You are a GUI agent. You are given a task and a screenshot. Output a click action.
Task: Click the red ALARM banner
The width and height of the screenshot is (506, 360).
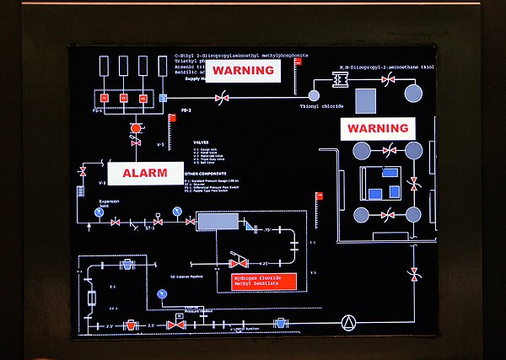point(145,173)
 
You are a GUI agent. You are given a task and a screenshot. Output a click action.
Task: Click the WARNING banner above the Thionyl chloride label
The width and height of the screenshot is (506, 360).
point(243,71)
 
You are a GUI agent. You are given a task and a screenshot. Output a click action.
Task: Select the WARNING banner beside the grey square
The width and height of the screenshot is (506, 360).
point(378,129)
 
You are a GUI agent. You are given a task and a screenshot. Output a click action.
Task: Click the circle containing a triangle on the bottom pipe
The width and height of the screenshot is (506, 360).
point(347,321)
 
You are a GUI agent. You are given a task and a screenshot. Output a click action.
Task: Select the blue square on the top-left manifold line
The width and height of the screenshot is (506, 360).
point(164,99)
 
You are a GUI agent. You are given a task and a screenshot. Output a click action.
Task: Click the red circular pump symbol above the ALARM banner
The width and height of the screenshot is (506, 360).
point(134,129)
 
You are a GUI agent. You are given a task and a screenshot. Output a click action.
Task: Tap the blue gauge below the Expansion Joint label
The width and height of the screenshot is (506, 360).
point(99,212)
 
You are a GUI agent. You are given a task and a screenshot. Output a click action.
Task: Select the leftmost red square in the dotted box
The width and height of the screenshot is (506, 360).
point(105,99)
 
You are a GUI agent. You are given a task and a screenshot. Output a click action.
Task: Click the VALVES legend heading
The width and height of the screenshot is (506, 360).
point(201,142)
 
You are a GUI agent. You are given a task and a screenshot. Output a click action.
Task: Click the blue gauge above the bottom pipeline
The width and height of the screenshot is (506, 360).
point(160,293)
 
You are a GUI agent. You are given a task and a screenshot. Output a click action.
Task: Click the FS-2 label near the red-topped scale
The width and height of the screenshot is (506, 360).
point(186,111)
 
